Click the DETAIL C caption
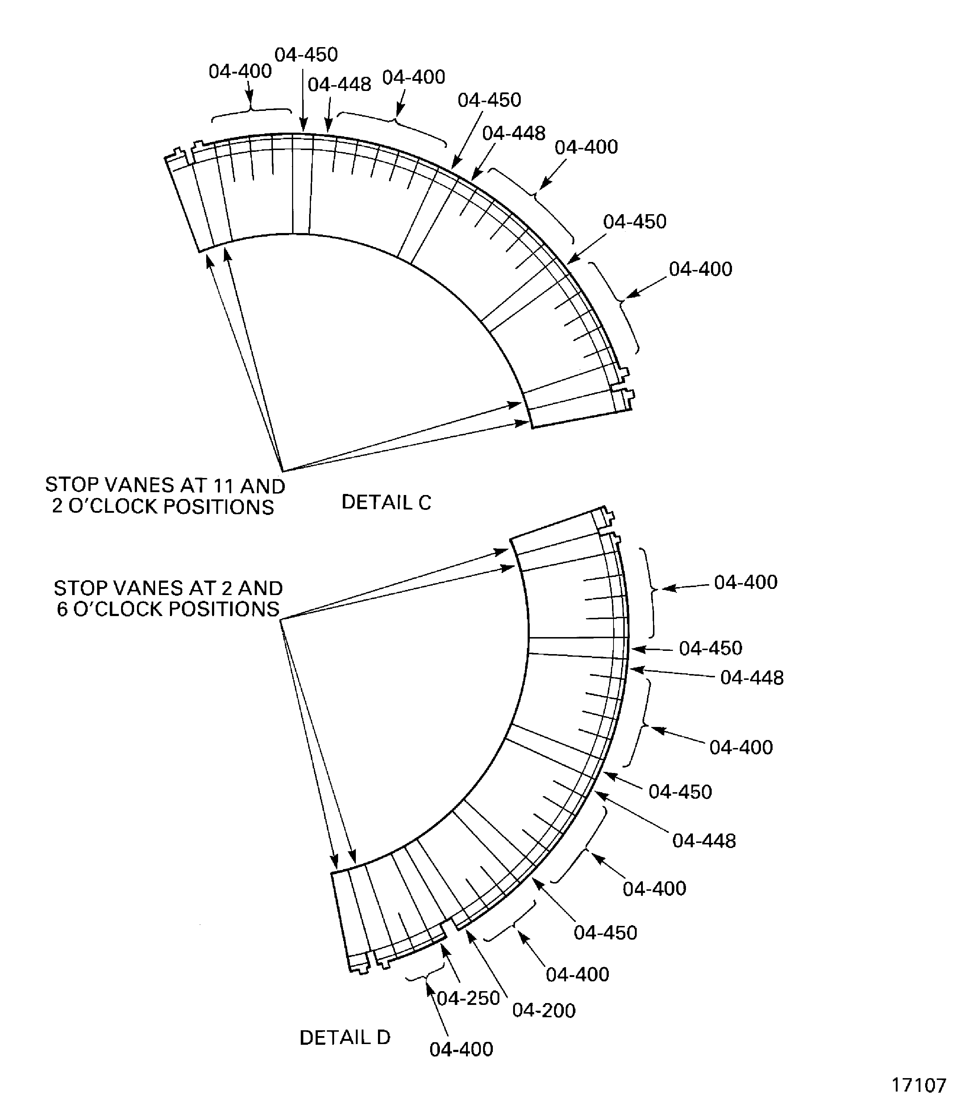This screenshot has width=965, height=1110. tap(386, 503)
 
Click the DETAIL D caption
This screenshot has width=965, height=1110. tap(345, 1037)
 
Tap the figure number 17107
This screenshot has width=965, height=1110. tap(919, 1085)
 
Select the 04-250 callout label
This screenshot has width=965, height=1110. tap(468, 998)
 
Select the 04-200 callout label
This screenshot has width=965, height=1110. tap(543, 1010)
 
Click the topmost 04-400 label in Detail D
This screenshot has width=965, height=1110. tap(745, 582)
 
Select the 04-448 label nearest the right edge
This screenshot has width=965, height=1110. tap(752, 678)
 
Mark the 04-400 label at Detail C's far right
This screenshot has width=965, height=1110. tap(700, 269)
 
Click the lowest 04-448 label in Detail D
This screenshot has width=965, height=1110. tap(704, 841)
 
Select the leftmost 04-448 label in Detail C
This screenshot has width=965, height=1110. tap(339, 84)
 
